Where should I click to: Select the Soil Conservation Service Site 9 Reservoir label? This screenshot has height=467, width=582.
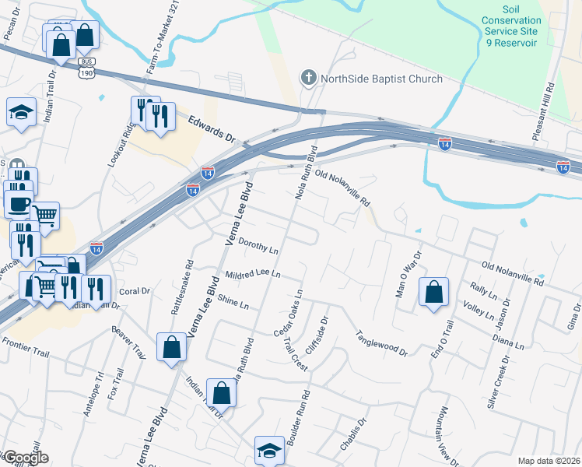tap(511, 31)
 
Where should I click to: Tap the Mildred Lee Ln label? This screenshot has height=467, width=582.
tap(252, 275)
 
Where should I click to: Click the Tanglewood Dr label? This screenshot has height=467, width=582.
tap(382, 342)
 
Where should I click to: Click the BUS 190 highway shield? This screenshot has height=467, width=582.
tap(86, 70)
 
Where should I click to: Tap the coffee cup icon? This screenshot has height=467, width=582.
tap(19, 204)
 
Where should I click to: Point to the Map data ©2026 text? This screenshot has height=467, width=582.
tap(549, 461)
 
